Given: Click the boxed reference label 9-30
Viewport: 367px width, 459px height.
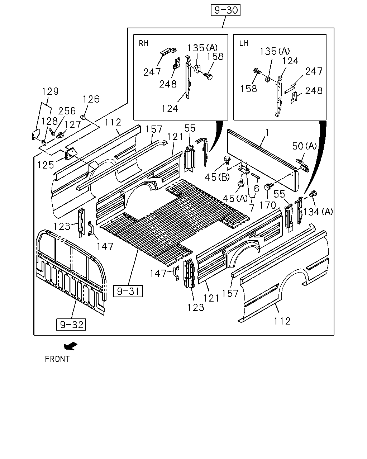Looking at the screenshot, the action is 225,10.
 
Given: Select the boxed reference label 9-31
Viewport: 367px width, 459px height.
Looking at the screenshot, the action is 128,291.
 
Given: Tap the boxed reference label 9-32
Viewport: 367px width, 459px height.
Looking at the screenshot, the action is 71,325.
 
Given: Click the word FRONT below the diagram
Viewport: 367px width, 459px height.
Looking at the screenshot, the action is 57,359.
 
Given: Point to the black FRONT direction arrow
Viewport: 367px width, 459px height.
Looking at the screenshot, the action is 70,346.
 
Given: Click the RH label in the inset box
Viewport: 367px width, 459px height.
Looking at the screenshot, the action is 143,43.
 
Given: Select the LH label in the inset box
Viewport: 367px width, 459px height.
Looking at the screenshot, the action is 243,43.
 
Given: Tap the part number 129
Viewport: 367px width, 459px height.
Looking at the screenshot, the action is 50,91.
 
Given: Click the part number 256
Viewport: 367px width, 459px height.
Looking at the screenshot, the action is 67,111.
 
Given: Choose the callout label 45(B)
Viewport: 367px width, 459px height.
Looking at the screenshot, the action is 217,177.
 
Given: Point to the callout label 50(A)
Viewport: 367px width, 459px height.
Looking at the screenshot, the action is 304,146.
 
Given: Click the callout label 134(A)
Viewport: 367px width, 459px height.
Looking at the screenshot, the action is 318,212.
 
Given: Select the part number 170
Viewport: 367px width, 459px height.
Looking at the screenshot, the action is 268,205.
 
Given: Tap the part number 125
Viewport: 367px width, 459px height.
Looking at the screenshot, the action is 46,165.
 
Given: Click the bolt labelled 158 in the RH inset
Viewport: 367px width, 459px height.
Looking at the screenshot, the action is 208,76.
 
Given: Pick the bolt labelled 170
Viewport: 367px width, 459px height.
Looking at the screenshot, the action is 269,186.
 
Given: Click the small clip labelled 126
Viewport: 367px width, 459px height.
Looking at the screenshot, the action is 83,117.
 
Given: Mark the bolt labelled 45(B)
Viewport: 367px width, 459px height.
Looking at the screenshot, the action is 227,160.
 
